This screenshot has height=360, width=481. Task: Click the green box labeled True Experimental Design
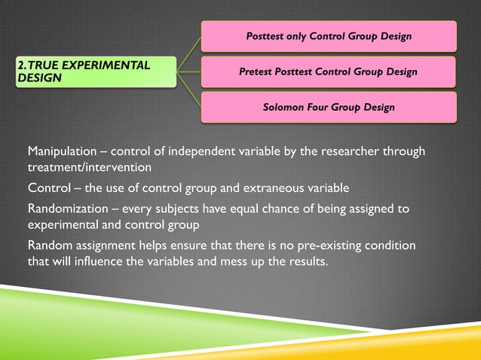pos(94,72)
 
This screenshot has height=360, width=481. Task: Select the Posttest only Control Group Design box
pos(328,36)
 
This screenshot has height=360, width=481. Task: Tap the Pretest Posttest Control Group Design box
pos(328,72)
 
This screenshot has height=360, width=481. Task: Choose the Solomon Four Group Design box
pos(328,107)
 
